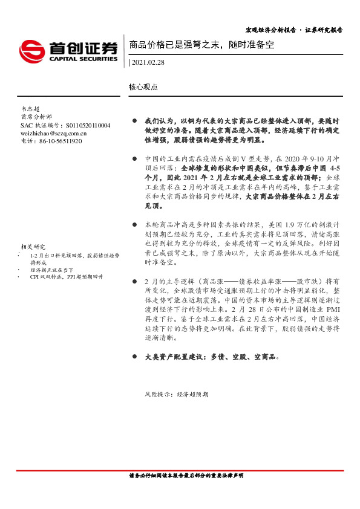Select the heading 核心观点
click(x=143, y=87)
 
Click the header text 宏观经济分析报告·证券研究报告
click(x=294, y=30)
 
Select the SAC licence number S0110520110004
click(x=79, y=125)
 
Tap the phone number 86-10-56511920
click(x=59, y=141)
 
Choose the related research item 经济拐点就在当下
click(x=52, y=270)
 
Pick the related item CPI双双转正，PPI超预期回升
click(x=67, y=276)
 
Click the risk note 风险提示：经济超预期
click(x=176, y=394)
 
